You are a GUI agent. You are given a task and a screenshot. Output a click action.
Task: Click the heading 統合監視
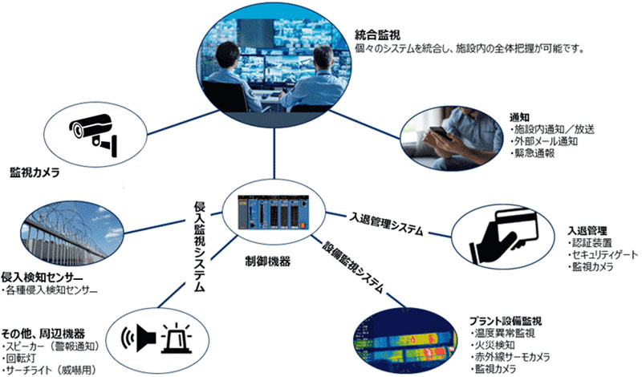377,34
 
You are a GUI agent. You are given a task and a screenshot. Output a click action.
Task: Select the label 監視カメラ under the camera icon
35,172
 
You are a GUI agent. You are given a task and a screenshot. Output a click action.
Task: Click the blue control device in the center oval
274,212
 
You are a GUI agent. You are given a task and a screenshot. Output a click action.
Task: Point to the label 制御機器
268,261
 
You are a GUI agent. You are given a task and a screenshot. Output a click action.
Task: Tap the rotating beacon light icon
177,338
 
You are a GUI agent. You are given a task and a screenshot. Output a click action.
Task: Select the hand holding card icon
503,236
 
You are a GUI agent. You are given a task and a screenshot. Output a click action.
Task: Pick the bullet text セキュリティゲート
603,254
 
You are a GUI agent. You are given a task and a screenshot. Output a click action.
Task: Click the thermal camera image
405,341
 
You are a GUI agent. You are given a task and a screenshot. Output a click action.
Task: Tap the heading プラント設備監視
506,321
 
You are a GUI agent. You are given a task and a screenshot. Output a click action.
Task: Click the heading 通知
519,117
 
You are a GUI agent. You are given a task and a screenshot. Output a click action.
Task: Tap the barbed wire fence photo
71,233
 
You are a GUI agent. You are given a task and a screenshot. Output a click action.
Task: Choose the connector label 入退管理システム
385,223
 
